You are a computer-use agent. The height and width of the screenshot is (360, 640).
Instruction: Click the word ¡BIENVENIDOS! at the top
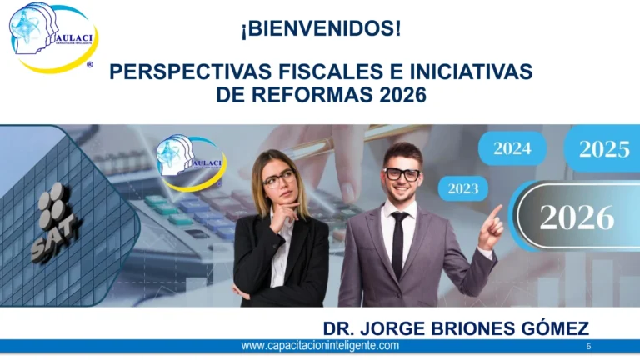pos(321,29)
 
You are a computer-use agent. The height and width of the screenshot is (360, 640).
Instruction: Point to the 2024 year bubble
pos(512,149)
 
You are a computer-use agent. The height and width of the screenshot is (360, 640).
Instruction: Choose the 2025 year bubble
pos(603,149)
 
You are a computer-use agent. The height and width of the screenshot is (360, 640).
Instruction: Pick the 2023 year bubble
pos(463,188)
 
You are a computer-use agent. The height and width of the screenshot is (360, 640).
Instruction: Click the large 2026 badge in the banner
pos(577,216)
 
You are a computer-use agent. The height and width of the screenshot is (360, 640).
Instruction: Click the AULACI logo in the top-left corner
pos(52,37)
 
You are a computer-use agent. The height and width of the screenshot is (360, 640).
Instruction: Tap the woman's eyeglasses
pos(279,177)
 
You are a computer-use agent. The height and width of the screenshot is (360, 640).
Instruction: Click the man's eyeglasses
pos(402,173)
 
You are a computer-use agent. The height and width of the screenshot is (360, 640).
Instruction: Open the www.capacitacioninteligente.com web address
pos(320,346)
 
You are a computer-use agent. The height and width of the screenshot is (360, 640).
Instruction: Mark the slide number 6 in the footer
pos(589,346)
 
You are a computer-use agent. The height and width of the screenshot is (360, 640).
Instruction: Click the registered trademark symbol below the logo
pos(90,64)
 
